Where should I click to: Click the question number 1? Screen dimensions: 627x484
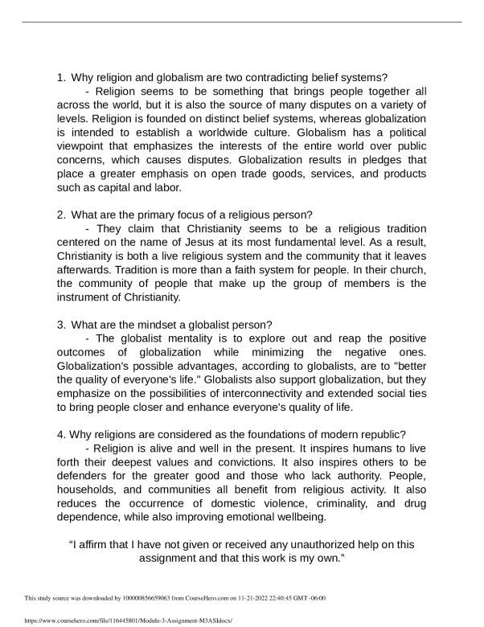[x=60, y=78]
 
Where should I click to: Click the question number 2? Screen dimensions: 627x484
[x=60, y=215]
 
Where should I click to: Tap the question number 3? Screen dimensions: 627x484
[x=60, y=324]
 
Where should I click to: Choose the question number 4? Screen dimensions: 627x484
[x=60, y=435]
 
